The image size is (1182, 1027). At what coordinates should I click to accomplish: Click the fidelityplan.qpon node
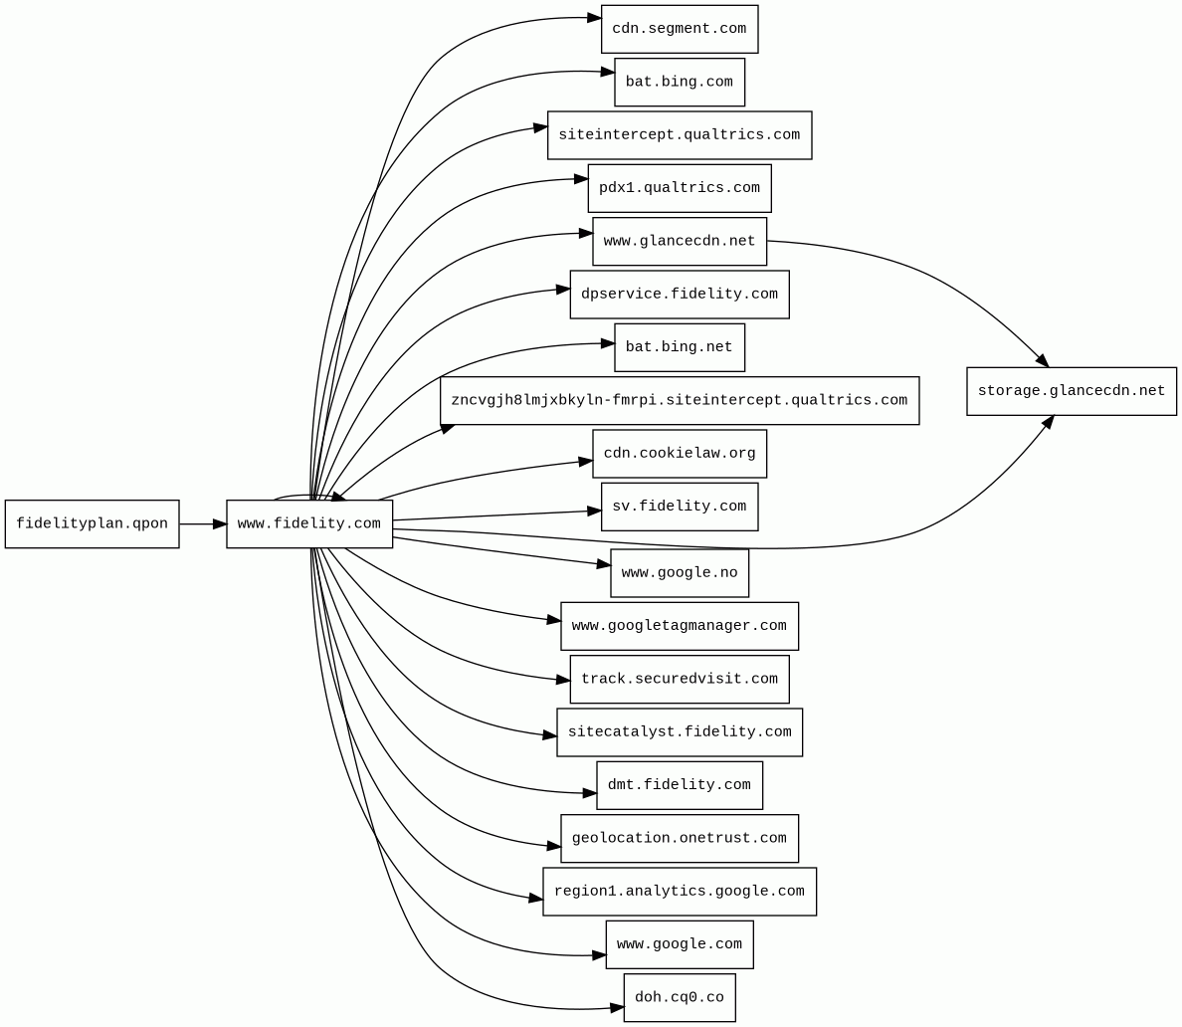click(x=92, y=524)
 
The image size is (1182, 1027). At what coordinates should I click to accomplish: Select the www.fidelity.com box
click(x=309, y=524)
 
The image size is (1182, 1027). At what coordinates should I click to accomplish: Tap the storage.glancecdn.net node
click(x=1071, y=391)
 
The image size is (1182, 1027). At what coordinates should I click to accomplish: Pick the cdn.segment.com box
click(x=679, y=29)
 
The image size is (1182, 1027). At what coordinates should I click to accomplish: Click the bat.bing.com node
click(x=679, y=82)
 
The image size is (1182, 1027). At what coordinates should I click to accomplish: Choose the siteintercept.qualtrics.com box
click(x=679, y=135)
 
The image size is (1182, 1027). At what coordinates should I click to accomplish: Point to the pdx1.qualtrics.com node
click(x=679, y=188)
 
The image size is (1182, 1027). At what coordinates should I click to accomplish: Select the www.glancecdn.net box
click(x=679, y=242)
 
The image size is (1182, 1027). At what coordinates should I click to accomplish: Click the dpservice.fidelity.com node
click(x=679, y=295)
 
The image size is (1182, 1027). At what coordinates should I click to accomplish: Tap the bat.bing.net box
click(x=679, y=347)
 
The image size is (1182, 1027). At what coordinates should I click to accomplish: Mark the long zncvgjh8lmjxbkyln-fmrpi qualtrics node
click(x=679, y=401)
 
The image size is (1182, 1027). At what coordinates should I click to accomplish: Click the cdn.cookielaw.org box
click(x=679, y=454)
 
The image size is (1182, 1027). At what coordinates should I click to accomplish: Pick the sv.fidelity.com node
click(x=679, y=507)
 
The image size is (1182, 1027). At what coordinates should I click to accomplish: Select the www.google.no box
click(x=679, y=573)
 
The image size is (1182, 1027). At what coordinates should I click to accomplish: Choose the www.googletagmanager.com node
click(x=679, y=626)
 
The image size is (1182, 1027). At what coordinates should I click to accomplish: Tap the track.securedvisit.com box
click(x=679, y=680)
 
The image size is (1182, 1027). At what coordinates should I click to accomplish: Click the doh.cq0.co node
click(x=679, y=998)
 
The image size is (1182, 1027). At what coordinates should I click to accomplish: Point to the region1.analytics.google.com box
click(x=679, y=892)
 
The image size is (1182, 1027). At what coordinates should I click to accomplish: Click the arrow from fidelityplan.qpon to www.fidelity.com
click(x=203, y=524)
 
